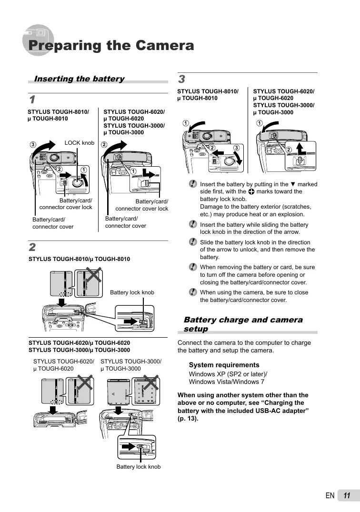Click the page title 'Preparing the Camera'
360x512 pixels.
click(111, 46)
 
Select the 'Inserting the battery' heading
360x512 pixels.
click(79, 79)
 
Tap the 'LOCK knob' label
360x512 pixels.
click(79, 143)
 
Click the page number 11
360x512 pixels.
click(346, 496)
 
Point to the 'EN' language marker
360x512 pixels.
click(330, 496)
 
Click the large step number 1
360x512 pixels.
click(32, 100)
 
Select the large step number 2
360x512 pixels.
click(32, 248)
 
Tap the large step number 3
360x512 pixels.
click(181, 79)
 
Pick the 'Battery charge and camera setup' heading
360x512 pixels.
click(243, 324)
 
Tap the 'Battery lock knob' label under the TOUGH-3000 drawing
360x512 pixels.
click(139, 467)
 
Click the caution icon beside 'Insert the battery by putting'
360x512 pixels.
click(192, 184)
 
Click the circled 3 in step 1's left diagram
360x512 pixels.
click(33, 144)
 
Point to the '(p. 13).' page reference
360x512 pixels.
click(188, 419)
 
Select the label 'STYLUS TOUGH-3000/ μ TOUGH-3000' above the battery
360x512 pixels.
click(131, 365)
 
